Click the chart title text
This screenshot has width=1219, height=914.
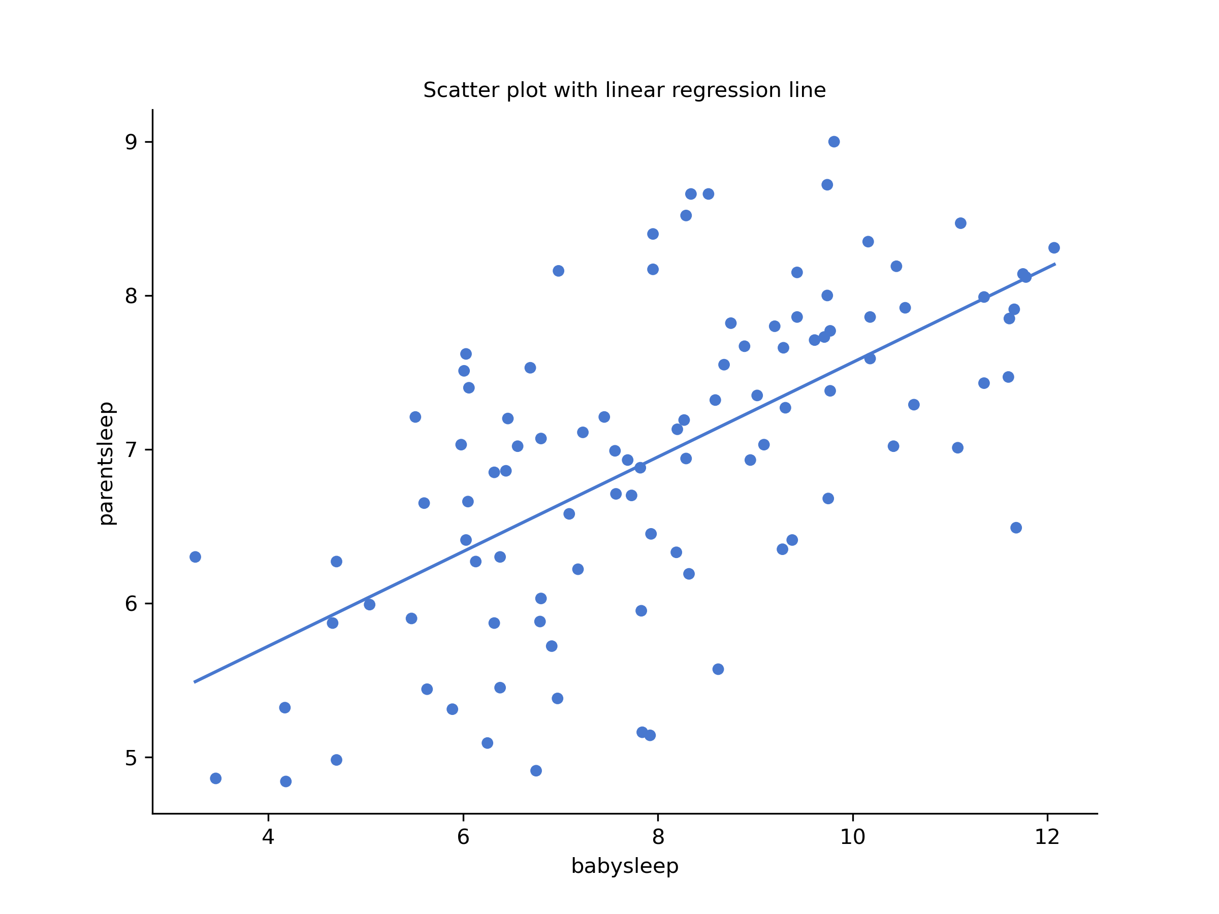pyautogui.click(x=624, y=90)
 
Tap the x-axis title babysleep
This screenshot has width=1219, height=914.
pyautogui.click(x=624, y=866)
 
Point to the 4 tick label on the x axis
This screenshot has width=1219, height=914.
pyautogui.click(x=268, y=837)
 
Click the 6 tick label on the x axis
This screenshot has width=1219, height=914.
pyautogui.click(x=463, y=837)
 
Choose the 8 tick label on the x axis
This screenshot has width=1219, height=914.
pyautogui.click(x=658, y=837)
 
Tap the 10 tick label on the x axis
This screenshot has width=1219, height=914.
pyautogui.click(x=852, y=837)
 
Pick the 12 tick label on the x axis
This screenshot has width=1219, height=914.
pyautogui.click(x=1047, y=837)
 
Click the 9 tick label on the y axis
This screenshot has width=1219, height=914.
pyautogui.click(x=131, y=142)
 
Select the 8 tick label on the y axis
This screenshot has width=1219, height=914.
pyautogui.click(x=131, y=297)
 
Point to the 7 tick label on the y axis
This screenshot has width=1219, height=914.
pyautogui.click(x=131, y=450)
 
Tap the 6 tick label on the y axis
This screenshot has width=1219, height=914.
pyautogui.click(x=131, y=604)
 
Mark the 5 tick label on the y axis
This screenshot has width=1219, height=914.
pyautogui.click(x=131, y=758)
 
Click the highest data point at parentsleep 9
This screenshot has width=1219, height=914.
pyautogui.click(x=834, y=142)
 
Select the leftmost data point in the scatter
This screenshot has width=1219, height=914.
pyautogui.click(x=195, y=557)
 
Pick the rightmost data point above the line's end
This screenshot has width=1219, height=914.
pyautogui.click(x=1054, y=248)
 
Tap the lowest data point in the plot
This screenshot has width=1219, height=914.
pyautogui.click(x=285, y=781)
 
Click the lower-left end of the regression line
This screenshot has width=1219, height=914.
pyautogui.click(x=195, y=682)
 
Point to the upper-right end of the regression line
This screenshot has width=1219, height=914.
pyautogui.click(x=1055, y=264)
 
